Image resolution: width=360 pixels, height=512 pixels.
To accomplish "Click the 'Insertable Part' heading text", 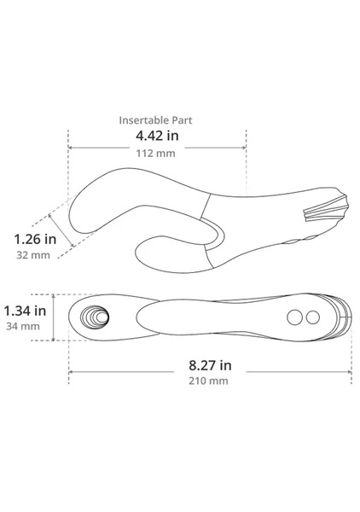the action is pos(155,120).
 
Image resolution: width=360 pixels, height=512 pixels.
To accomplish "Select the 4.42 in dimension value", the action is pos(157,136).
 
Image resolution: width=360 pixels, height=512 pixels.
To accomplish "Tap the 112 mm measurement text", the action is pos(155,153).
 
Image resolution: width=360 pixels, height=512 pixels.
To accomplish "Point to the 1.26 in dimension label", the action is pos(35,239).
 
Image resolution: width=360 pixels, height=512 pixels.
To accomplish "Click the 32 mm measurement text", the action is pos(33,255).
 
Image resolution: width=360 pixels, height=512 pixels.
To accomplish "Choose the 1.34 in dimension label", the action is pos(25,311).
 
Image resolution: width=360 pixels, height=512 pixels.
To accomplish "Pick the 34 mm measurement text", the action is pos(23,326).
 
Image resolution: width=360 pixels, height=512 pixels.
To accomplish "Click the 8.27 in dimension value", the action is pos(210,365).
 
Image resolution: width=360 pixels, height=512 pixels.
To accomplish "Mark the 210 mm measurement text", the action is pos(208,381).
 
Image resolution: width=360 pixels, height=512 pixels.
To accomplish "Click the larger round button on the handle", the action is pos(294,317).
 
